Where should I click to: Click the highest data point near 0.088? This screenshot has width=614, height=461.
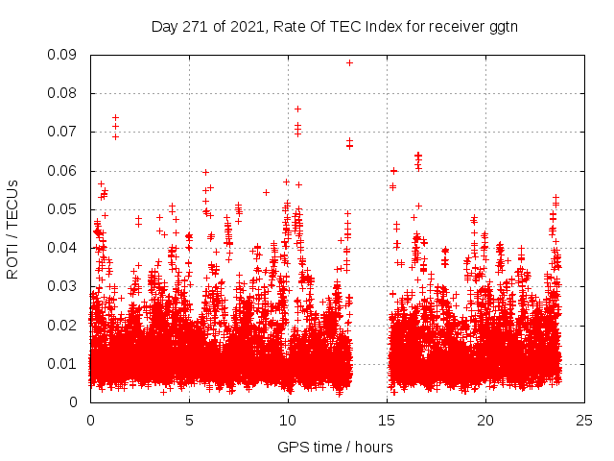349,62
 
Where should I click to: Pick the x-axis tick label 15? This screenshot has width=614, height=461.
387,420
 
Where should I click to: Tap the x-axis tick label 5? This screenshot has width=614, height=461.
189,420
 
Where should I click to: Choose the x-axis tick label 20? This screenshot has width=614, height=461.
486,420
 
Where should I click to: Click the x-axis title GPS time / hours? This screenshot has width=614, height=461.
335,447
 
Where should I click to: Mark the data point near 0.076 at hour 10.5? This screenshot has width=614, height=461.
297,109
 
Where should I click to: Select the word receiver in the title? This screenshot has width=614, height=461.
454,26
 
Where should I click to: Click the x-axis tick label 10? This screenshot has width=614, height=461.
288,420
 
